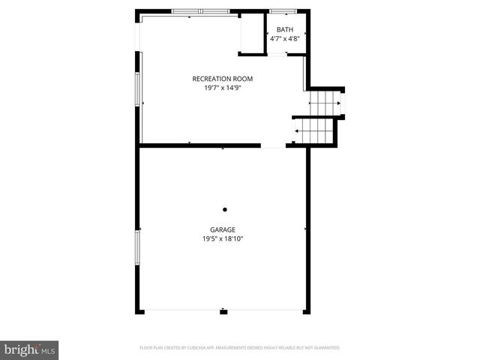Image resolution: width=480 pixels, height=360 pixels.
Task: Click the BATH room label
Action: pos(284,29)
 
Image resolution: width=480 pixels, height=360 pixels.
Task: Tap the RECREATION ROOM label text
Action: pos(222,79)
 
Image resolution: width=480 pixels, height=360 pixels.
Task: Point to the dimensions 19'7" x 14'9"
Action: pos(222,88)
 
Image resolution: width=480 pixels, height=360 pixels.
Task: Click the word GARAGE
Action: pos(223,229)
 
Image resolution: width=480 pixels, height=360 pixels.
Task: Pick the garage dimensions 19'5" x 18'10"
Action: pos(223,239)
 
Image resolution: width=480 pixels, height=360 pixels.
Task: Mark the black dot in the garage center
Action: pos(224,210)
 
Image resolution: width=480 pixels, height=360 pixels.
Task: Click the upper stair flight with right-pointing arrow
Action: pos(325,102)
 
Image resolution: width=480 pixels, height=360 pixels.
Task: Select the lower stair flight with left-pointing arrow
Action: pos(313,131)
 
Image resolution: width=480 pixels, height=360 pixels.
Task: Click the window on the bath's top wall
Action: pos(283,11)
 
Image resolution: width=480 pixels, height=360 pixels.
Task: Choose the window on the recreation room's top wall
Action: pos(200,11)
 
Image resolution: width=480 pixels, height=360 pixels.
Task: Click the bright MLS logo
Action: pos(30,349)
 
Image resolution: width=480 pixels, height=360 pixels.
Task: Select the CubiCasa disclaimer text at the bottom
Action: pos(240,348)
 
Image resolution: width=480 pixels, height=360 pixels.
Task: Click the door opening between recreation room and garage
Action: pos(273,145)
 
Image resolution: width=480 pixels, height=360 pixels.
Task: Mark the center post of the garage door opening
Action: pos(223,310)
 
